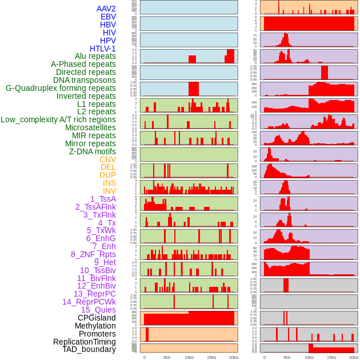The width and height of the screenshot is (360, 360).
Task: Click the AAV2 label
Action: pyautogui.click(x=106, y=9)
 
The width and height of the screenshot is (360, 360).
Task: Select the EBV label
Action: pyautogui.click(x=108, y=17)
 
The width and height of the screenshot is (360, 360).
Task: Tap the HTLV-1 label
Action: pyautogui.click(x=102, y=49)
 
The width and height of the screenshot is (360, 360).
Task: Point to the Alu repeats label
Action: pyautogui.click(x=95, y=56)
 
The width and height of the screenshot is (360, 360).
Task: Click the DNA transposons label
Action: pyautogui.click(x=85, y=80)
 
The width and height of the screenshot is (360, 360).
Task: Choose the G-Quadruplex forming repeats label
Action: pyautogui.click(x=61, y=88)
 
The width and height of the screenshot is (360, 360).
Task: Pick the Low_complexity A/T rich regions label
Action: pyautogui.click(x=58, y=119)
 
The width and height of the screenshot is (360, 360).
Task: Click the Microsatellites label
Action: pyautogui.click(x=90, y=127)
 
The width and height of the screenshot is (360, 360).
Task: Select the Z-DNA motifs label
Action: pyautogui.click(x=93, y=151)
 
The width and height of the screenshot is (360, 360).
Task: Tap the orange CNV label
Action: pyautogui.click(x=107, y=159)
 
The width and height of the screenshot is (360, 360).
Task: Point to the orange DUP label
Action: pyautogui.click(x=107, y=175)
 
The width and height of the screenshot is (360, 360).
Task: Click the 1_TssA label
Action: pyautogui.click(x=103, y=199)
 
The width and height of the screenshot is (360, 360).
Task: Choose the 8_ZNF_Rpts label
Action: pyautogui.click(x=93, y=254)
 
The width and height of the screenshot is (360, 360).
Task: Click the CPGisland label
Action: pyautogui.click(x=97, y=318)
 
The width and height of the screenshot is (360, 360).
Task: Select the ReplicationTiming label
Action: pyautogui.click(x=85, y=342)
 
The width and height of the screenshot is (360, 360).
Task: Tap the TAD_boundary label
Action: pyautogui.click(x=89, y=349)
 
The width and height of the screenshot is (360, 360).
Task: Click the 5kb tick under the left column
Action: pyautogui.click(x=167, y=357)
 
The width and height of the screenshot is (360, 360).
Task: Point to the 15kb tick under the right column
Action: pyautogui.click(x=331, y=357)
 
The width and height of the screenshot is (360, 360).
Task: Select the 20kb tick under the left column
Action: pyautogui.click(x=234, y=357)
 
